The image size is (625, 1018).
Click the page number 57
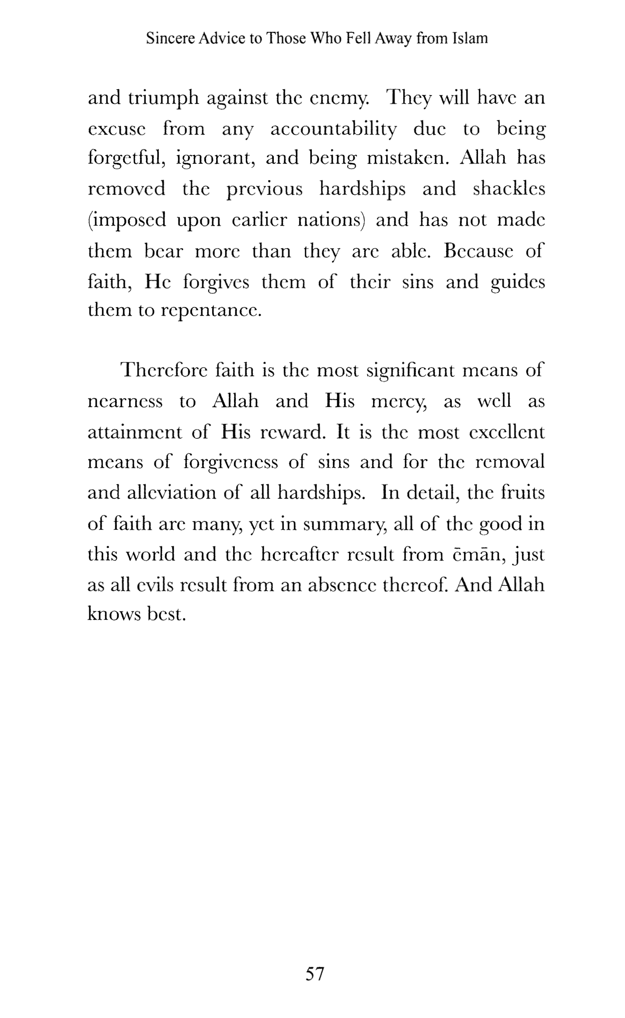(x=314, y=974)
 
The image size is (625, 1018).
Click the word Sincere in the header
(x=171, y=39)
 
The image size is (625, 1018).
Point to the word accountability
(x=334, y=130)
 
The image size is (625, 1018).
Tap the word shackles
(x=509, y=189)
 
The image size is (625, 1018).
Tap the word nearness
(x=125, y=402)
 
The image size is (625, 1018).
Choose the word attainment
(x=135, y=432)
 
